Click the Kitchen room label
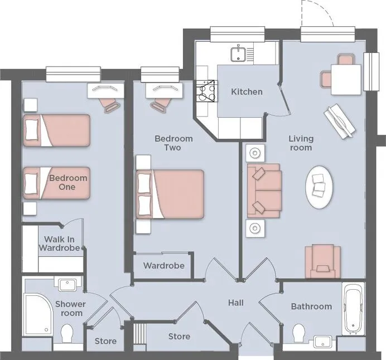247,92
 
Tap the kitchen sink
238,54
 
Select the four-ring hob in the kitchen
206,91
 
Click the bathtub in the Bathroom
353,308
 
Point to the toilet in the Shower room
66,333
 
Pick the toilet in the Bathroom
299,333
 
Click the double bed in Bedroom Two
170,194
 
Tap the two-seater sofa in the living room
264,191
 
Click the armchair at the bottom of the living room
323,261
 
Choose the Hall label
236,303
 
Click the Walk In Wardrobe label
60,244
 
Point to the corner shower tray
38,315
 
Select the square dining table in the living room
346,80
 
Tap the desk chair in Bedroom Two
160,104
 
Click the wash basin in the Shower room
67,285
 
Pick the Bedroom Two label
173,143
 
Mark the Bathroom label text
311,307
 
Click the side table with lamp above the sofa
255,153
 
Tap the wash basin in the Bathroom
322,342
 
